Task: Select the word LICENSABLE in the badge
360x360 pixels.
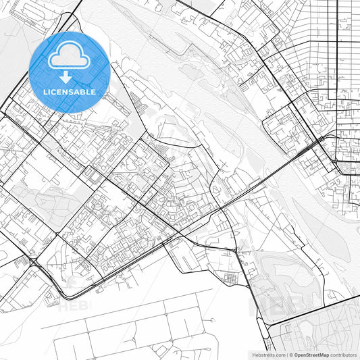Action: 69,91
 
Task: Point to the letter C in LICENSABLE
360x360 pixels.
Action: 54,91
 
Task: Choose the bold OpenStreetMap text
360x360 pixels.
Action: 317,355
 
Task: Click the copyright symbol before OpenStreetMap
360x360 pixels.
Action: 291,355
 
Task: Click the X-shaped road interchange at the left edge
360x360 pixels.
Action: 32,261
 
